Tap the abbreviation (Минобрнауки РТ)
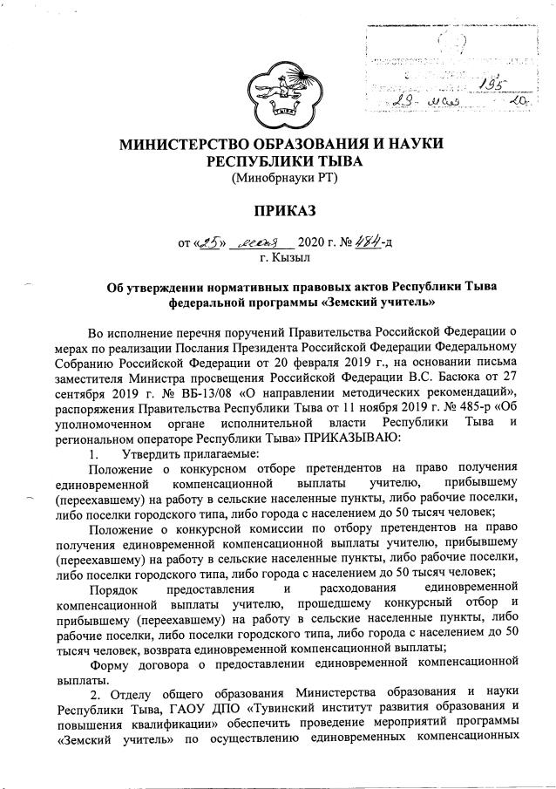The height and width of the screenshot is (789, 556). tap(283, 180)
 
